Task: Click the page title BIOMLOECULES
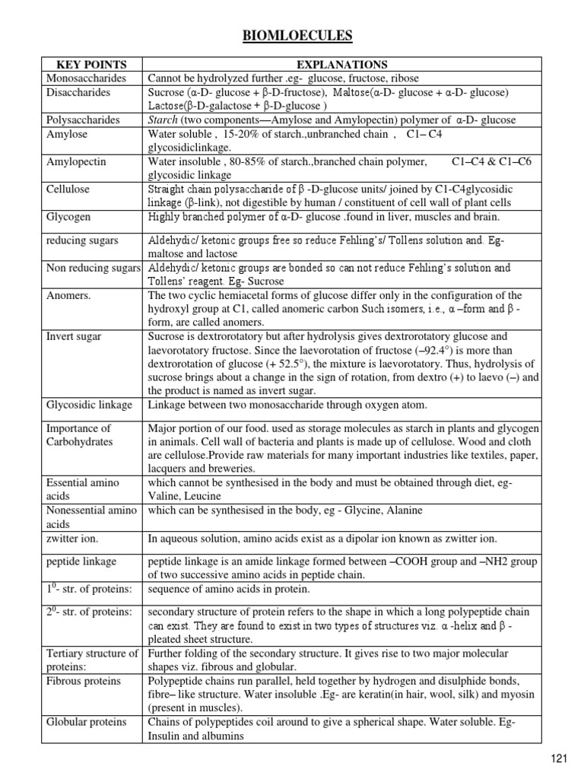291,35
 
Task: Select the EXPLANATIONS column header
342,65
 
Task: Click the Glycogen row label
68,217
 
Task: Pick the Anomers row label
68,295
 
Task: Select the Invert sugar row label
75,336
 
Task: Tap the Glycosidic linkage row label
89,405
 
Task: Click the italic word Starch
162,120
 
